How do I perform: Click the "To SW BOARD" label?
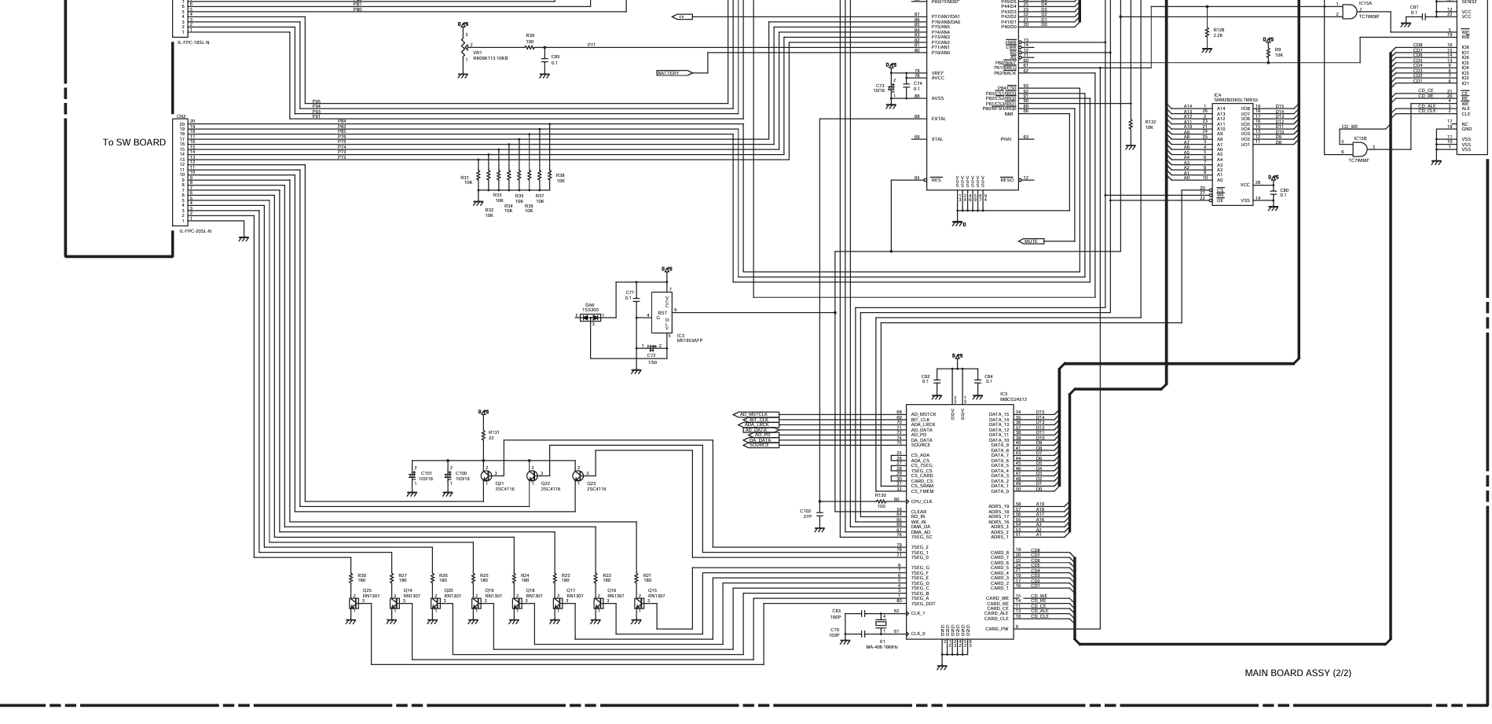click(x=134, y=142)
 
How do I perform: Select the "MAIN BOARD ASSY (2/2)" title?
click(x=1298, y=673)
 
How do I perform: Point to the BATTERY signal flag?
click(x=673, y=73)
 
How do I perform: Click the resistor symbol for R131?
click(x=484, y=435)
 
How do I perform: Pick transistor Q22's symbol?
click(x=533, y=476)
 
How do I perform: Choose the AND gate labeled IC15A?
click(x=1348, y=11)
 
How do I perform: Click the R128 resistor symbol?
click(x=1207, y=32)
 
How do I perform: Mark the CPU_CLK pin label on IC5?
click(x=922, y=502)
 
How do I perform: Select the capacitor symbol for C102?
click(x=820, y=514)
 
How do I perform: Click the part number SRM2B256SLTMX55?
click(x=1235, y=101)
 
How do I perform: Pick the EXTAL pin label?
click(x=938, y=119)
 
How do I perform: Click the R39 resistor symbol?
click(x=530, y=47)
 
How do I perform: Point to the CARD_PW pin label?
click(x=997, y=629)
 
